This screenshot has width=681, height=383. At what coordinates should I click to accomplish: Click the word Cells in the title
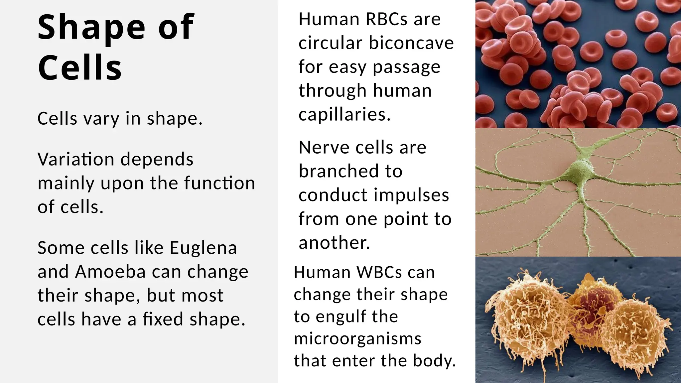coord(80,67)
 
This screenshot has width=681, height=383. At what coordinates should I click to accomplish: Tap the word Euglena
coord(203,248)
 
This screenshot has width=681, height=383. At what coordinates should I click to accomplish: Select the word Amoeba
coord(110,272)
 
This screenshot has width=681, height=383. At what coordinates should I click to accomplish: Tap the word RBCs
coord(386,19)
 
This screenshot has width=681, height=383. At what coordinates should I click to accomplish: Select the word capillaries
coord(344,115)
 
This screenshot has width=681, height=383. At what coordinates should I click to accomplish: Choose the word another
coord(334,243)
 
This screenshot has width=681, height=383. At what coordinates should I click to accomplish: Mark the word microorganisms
coord(358,339)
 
